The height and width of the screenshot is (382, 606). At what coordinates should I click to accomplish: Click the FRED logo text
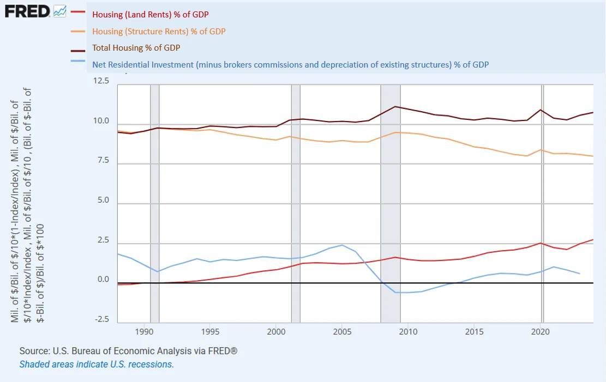point(27,10)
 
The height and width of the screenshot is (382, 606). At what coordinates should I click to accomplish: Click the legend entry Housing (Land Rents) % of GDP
point(150,14)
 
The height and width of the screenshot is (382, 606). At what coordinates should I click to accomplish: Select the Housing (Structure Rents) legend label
point(159,31)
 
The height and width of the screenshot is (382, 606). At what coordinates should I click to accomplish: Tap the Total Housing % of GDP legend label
point(136,48)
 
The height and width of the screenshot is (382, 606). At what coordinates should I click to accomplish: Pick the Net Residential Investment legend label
point(290,64)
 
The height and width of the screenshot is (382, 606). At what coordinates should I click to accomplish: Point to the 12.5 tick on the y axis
point(101,81)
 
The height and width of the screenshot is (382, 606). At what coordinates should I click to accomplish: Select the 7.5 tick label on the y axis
point(103,161)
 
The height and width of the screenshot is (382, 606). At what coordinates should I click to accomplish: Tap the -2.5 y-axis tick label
point(101,319)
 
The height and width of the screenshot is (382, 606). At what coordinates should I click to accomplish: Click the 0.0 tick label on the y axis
point(103,280)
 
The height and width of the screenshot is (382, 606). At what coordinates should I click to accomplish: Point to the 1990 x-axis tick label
point(143,331)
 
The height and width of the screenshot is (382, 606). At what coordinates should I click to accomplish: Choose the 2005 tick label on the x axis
point(341,331)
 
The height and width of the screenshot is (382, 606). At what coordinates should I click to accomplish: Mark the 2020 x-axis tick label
point(540,331)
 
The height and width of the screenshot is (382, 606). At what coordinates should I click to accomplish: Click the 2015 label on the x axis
point(474,331)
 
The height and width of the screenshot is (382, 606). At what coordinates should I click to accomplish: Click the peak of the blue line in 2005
point(342,245)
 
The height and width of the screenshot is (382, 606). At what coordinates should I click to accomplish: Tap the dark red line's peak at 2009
point(395,106)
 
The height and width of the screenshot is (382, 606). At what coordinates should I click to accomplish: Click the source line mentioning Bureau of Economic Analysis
point(128,351)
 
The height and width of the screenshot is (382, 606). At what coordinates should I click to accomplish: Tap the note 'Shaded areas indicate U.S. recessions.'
point(97,365)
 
